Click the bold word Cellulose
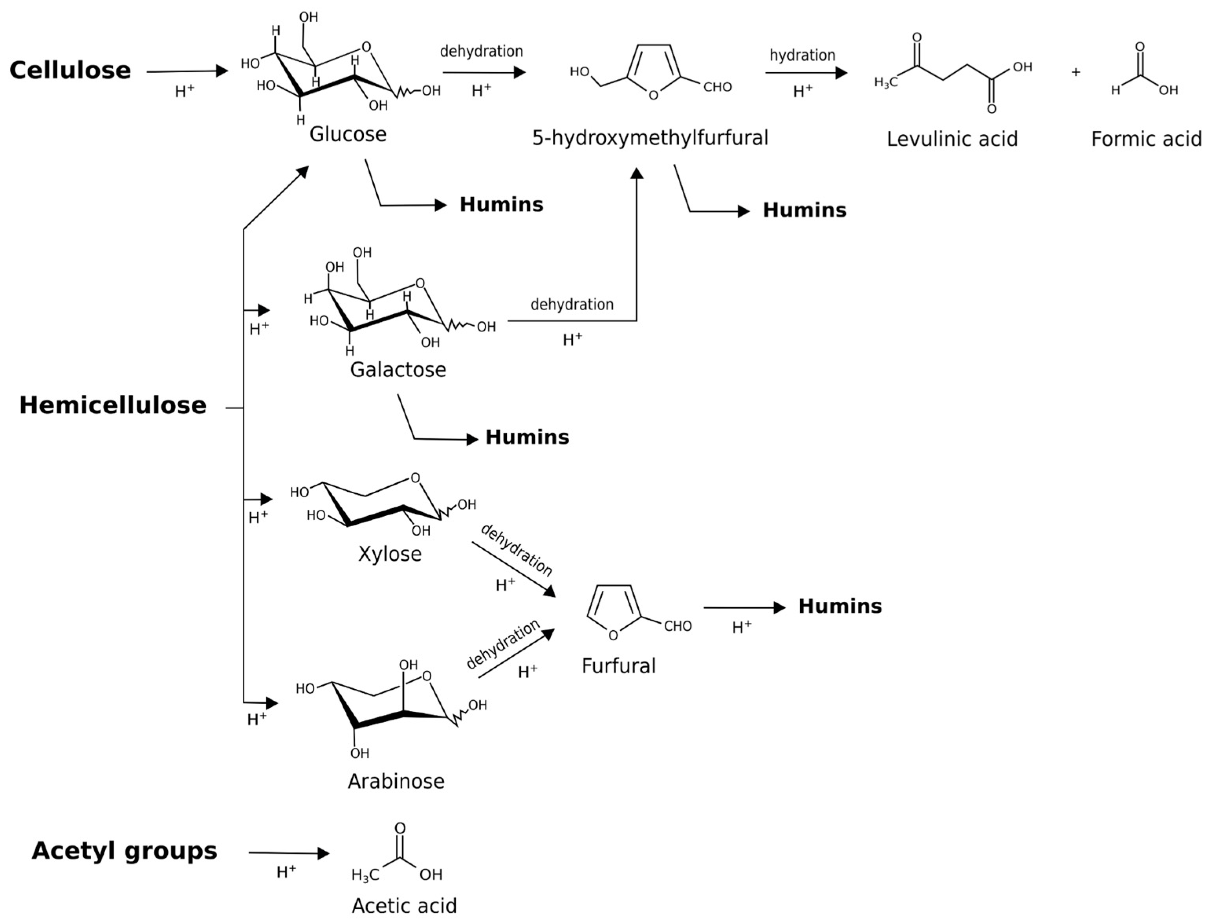tap(70, 70)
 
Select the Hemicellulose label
tap(113, 405)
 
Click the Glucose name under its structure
tap(348, 134)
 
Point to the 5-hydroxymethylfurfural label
tap(650, 138)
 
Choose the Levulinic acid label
tap(952, 139)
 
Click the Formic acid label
tap(1146, 139)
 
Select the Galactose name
tap(398, 370)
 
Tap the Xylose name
tap(390, 554)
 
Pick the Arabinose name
tap(396, 781)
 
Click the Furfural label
tap(619, 666)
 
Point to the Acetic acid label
tap(404, 905)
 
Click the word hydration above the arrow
tap(802, 55)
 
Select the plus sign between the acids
tap(1076, 72)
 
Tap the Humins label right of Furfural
tap(839, 606)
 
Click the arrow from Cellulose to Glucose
tap(187, 71)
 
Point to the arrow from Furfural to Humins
tap(744, 608)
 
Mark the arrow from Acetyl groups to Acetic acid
tap(288, 853)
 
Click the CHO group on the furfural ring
tap(677, 626)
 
